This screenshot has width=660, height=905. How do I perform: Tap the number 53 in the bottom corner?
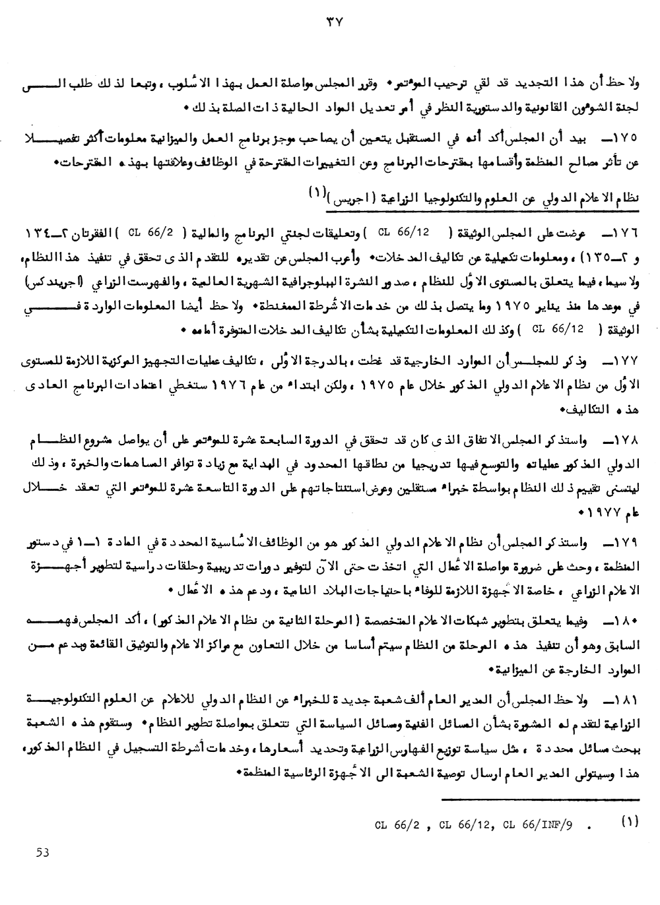click(44, 852)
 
